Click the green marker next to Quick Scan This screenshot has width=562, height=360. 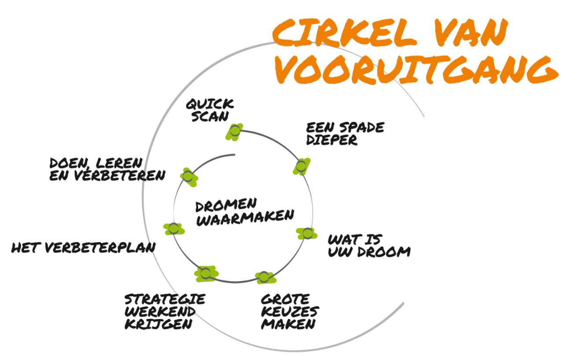click(x=235, y=131)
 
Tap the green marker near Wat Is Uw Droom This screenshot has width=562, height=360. click(x=307, y=233)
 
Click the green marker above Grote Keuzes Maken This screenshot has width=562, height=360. click(x=263, y=277)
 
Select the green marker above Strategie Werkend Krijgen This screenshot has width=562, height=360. click(x=205, y=273)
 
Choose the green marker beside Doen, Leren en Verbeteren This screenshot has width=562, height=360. click(x=188, y=177)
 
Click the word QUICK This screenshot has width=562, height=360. click(x=209, y=105)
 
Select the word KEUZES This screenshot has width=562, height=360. click(x=290, y=311)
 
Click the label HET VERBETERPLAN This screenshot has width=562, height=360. click(x=83, y=248)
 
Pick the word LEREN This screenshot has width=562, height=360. click(x=117, y=163)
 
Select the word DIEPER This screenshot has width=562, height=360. click(x=332, y=140)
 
